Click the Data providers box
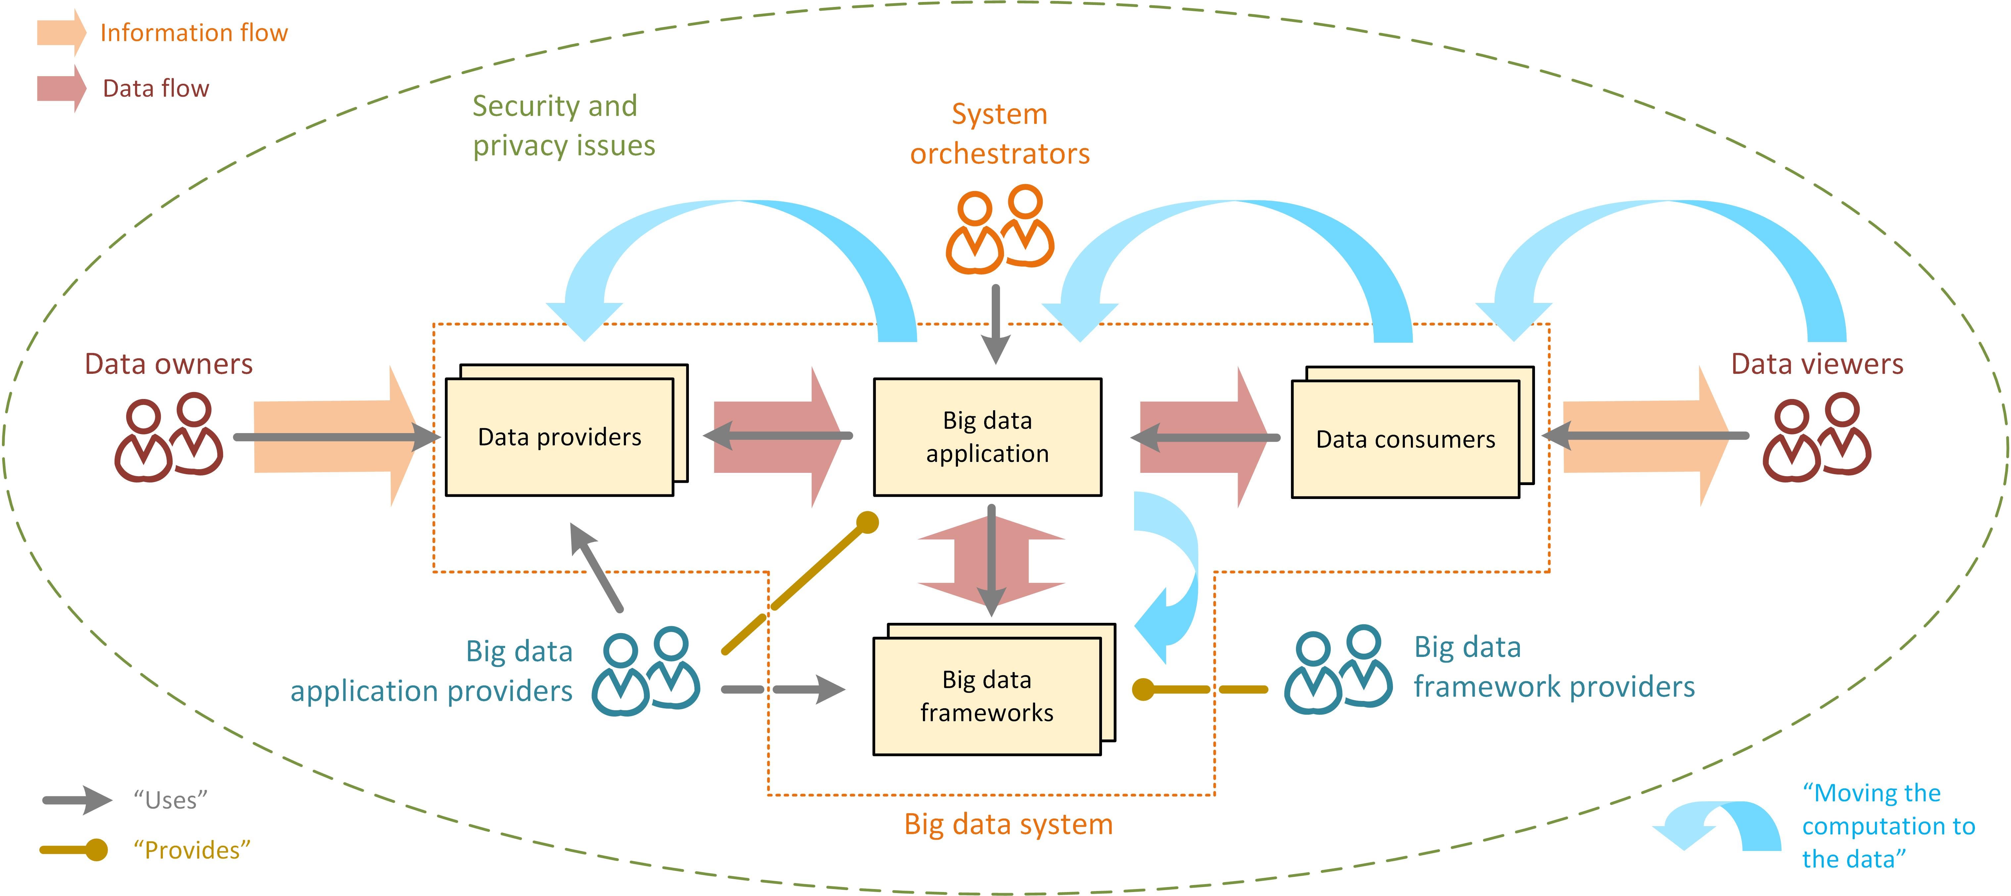tap(559, 437)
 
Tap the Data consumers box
tap(1405, 439)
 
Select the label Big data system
tap(1008, 824)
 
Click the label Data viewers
tap(1817, 364)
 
